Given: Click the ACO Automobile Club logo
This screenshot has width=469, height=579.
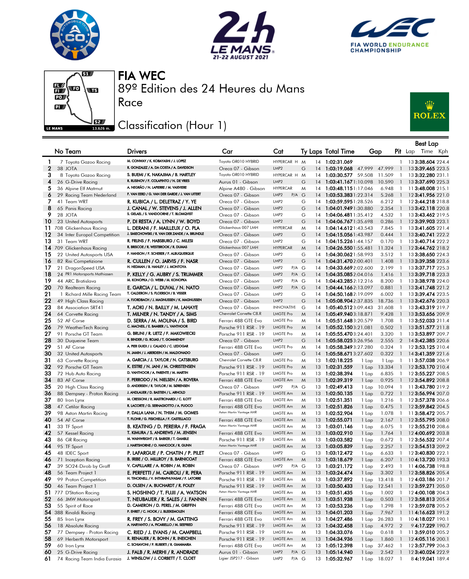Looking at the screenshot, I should click(75, 35).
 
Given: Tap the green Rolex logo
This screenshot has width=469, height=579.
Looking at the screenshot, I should click(429, 112).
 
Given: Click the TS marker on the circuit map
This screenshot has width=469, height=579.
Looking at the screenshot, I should click(93, 90).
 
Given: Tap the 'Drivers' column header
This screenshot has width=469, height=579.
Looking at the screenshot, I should click(137, 151).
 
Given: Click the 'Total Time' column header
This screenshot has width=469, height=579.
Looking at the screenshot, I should click(339, 151).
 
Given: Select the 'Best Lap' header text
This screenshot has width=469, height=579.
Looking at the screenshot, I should click(426, 143).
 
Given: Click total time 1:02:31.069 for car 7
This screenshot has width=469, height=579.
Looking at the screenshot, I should click(339, 162).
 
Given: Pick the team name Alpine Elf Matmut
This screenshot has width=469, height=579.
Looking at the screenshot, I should click(84, 188).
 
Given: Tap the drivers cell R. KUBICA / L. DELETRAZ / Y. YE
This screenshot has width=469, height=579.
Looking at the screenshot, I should click(162, 202).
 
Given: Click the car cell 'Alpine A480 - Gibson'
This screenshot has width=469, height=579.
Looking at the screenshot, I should click(242, 188).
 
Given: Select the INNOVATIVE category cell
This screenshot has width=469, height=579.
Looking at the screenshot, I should click(284, 307).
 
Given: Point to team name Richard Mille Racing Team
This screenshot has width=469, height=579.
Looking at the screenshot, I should click(93, 294).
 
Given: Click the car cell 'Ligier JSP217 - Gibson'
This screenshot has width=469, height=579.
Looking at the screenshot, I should click(238, 558).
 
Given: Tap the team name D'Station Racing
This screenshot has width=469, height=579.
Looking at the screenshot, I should click(82, 492).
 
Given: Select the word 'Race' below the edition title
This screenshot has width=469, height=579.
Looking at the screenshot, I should click(130, 103).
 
